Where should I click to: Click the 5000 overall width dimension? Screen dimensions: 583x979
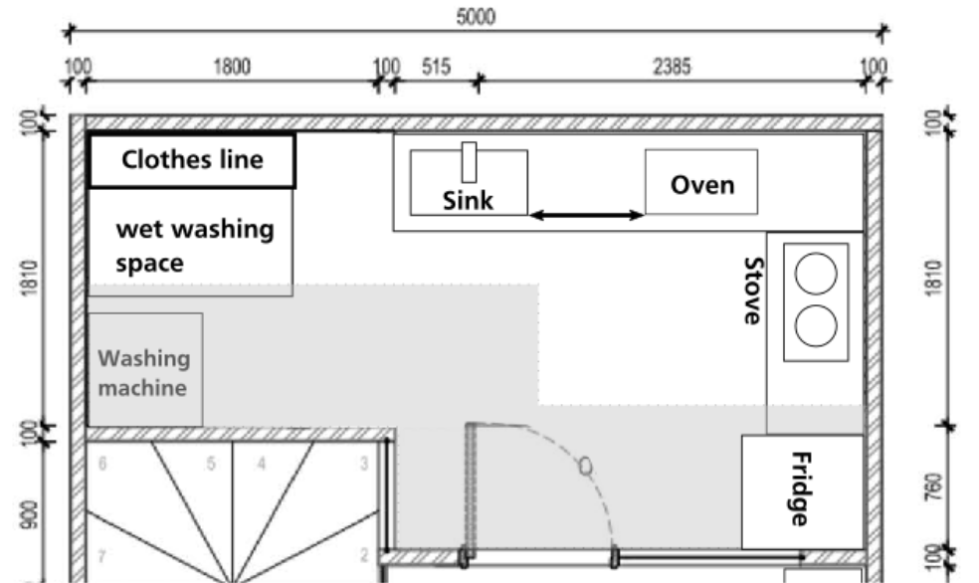(476, 17)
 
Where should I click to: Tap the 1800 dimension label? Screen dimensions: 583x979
(233, 67)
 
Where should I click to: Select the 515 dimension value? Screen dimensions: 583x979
(436, 67)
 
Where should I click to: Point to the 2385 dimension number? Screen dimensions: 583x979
(673, 67)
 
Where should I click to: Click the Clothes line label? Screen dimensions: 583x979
(192, 159)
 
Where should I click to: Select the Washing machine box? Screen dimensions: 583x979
(145, 370)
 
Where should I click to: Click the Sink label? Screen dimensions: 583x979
(468, 201)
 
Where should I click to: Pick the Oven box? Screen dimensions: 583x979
(701, 183)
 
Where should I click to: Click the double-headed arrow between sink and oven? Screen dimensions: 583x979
(586, 214)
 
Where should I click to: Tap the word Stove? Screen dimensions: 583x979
(753, 291)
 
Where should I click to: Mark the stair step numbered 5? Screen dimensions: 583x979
(211, 464)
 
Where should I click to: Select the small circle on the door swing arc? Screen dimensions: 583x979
(586, 465)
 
